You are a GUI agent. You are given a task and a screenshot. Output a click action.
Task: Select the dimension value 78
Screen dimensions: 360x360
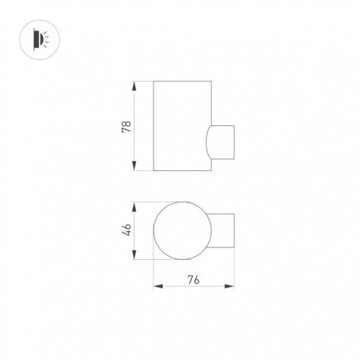point(127,126)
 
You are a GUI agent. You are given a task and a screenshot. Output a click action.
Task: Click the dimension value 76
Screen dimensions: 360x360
point(193,280)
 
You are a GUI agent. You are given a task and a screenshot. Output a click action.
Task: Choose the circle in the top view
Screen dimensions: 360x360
point(182,231)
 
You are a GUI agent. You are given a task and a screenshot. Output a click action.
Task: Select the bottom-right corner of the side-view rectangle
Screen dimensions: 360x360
point(211,171)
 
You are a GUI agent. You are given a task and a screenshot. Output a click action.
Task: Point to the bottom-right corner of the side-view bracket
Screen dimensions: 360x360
point(234,158)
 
